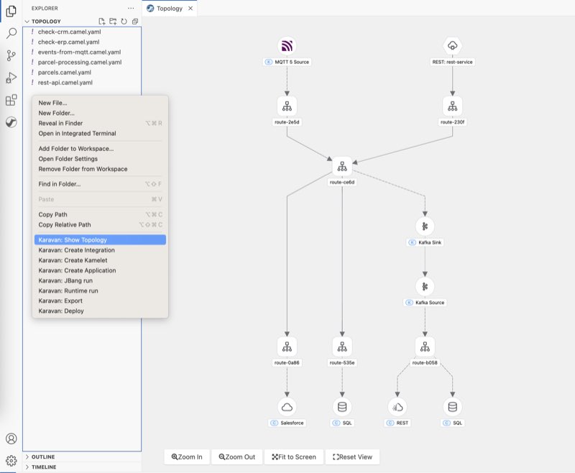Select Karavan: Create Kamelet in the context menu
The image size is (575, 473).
pos(73,260)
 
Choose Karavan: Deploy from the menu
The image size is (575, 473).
pos(61,311)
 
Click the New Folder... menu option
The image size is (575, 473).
pos(57,113)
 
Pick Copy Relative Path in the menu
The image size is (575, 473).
pos(65,225)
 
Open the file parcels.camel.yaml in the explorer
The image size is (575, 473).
pos(65,72)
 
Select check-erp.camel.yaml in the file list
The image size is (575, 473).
pos(68,42)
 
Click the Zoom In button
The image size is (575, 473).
pos(187,457)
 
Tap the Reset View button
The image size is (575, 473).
pos(352,457)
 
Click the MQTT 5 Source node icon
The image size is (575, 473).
pos(287,46)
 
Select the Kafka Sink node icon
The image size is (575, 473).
pos(425,226)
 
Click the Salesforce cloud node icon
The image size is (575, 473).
pos(287,407)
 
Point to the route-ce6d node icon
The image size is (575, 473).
pos(342,167)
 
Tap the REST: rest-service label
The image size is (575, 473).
pos(453,62)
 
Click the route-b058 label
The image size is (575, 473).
pos(425,362)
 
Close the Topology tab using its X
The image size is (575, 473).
pos(190,9)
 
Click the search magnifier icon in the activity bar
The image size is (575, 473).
pos(11,33)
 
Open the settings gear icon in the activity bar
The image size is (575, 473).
pos(11,461)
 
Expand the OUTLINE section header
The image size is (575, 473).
pos(43,457)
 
